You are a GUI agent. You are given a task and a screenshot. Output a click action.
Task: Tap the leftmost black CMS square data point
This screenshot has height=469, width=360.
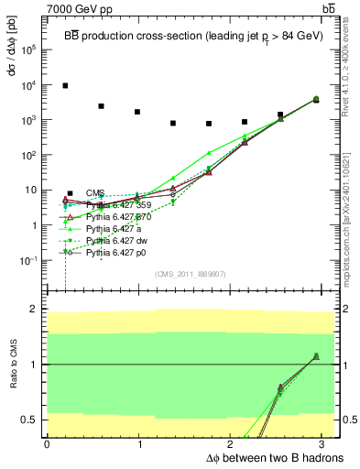click(65, 85)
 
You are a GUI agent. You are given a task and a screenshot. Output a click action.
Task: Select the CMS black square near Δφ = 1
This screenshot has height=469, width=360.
click(136, 112)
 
